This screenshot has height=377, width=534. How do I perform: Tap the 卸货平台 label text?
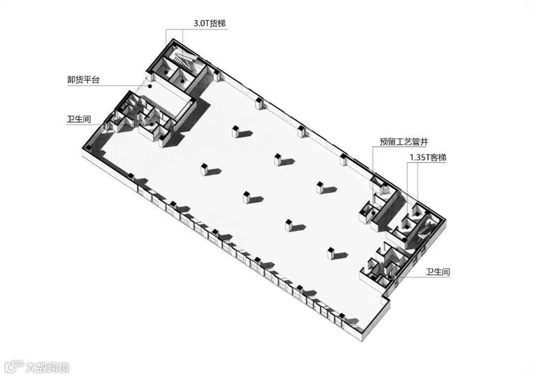pos(83,79)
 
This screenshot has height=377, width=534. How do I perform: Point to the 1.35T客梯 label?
pos(428,158)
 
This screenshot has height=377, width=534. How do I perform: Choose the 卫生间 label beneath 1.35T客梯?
pos(438,271)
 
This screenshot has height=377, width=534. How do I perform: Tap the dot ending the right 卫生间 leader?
pos(390,278)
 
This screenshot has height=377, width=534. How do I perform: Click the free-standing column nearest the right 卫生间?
pos(330,252)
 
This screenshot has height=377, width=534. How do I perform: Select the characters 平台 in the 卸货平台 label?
pos(91,79)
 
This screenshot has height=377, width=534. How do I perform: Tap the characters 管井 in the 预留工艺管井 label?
pos(419,142)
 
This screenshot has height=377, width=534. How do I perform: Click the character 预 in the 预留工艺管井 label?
pos(384,142)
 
